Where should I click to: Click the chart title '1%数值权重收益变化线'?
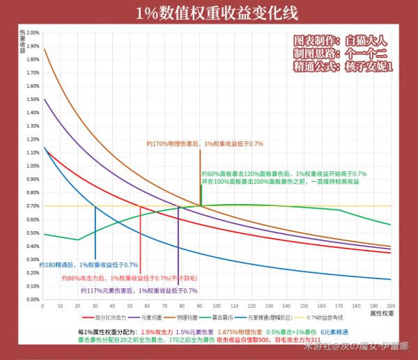[x=209, y=13]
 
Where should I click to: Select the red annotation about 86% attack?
[x=125, y=278]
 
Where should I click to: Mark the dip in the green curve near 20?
[x=78, y=240]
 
